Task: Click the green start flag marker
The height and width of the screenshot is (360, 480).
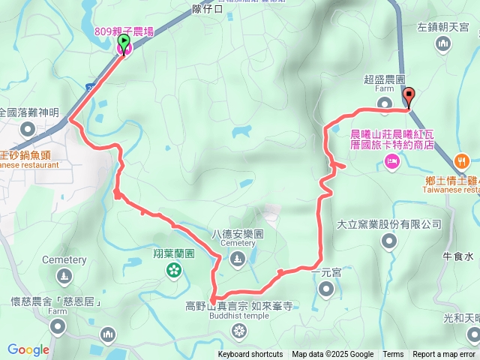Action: [124, 41]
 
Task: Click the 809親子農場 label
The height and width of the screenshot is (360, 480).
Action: [124, 31]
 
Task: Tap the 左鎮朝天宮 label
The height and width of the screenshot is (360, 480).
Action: [442, 27]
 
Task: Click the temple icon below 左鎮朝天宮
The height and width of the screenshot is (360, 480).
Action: [442, 45]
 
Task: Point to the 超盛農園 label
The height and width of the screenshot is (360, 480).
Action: [385, 79]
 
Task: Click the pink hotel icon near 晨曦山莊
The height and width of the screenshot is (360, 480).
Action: [391, 161]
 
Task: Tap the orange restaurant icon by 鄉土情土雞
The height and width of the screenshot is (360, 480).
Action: [462, 160]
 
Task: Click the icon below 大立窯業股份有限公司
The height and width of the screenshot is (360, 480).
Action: [388, 241]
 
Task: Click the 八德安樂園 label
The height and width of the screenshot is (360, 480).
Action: [238, 233]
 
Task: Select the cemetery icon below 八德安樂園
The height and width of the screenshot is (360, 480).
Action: [238, 259]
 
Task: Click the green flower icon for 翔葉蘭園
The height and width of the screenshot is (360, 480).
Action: [174, 268]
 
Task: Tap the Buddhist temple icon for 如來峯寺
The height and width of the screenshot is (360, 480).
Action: [238, 331]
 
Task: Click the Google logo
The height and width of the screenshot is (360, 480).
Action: [28, 349]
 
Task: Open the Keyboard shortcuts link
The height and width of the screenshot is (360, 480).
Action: [250, 355]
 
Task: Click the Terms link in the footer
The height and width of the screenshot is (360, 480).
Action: [393, 355]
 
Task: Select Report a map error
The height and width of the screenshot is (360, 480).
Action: [444, 355]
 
